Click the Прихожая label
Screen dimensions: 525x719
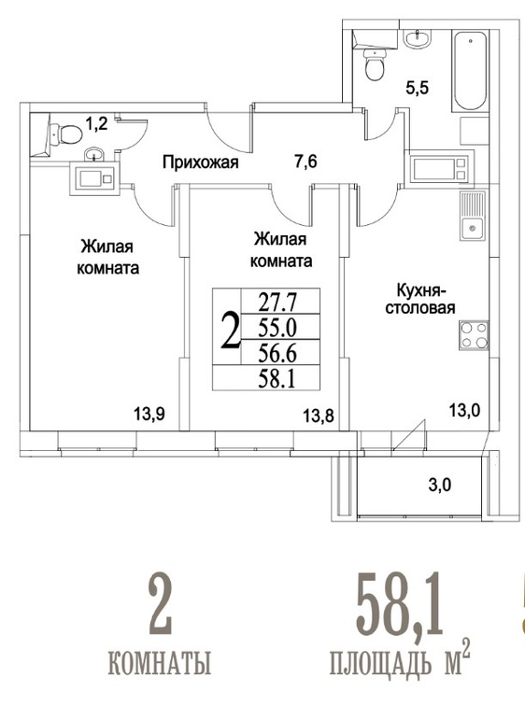coord(201,162)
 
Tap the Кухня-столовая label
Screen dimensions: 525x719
coord(420,299)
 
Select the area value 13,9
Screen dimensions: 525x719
coord(149,415)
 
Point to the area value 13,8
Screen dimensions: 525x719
coord(319,416)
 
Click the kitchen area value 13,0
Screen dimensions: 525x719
coord(464,410)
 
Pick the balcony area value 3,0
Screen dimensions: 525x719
coord(440,485)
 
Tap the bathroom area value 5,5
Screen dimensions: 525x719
coord(418,87)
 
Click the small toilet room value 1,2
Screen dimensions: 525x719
coord(96,123)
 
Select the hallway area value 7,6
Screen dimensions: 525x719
coord(305,162)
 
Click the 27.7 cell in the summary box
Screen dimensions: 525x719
coord(277,303)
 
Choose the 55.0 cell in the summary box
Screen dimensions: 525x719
coord(277,328)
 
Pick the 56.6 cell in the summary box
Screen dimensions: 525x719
coord(277,353)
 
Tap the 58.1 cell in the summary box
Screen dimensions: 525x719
coord(277,379)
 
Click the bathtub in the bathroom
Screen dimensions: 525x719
coord(470,71)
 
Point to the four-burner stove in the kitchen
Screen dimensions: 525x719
coord(474,335)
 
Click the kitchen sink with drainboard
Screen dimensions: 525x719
coord(473,216)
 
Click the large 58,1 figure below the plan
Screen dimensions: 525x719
coord(400,603)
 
